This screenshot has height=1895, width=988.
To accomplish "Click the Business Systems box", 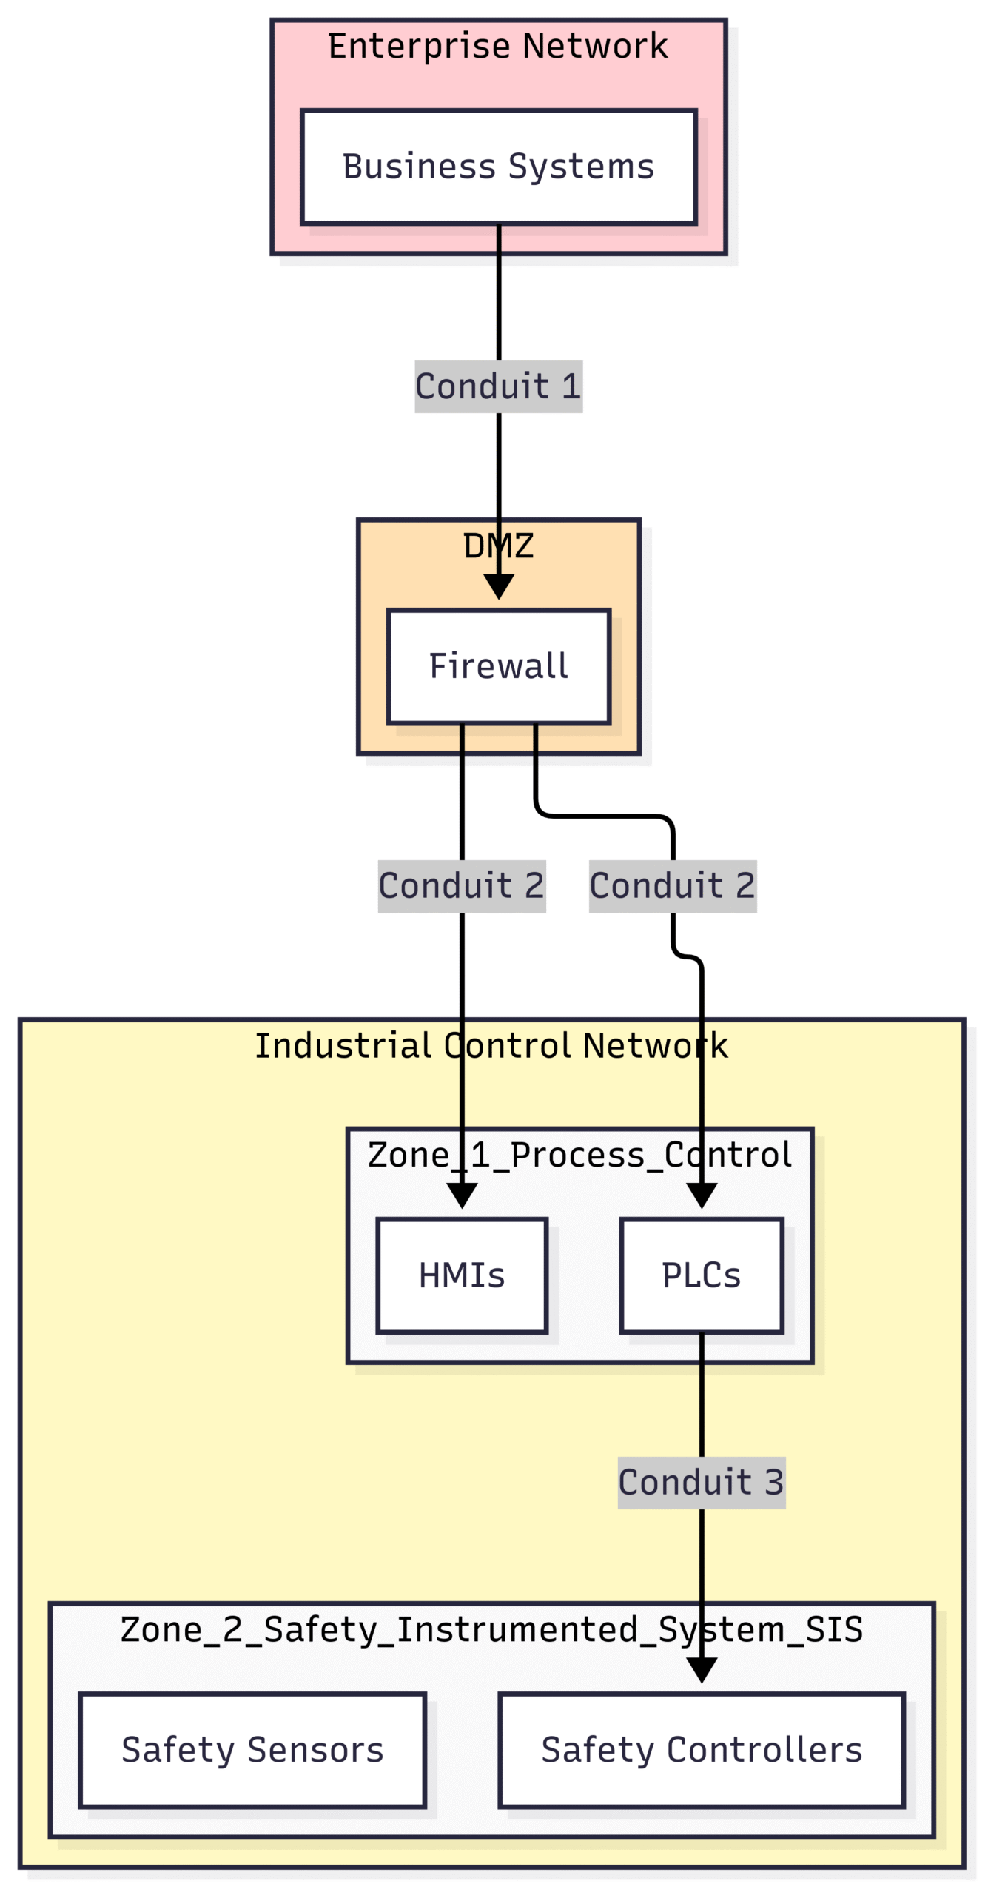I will pyautogui.click(x=498, y=167).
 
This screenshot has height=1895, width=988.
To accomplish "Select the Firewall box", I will pyautogui.click(x=498, y=665).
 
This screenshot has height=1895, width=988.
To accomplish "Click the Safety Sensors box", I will pyautogui.click(x=252, y=1749).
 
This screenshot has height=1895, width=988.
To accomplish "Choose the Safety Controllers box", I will pyautogui.click(x=701, y=1749).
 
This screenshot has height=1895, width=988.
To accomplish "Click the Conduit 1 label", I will pyautogui.click(x=498, y=386).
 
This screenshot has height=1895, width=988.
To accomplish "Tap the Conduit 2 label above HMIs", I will pyautogui.click(x=461, y=885).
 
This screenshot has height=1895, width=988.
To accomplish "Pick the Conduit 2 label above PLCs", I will pyautogui.click(x=672, y=885).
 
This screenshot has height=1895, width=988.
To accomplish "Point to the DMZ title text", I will pyautogui.click(x=498, y=546).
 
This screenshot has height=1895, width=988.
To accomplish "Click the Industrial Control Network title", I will pyautogui.click(x=491, y=1045).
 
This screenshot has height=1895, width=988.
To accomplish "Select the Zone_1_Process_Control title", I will pyautogui.click(x=579, y=1154).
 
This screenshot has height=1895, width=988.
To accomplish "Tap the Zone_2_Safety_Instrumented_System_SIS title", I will pyautogui.click(x=491, y=1629).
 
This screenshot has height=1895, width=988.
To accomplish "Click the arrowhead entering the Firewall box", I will pyautogui.click(x=498, y=586).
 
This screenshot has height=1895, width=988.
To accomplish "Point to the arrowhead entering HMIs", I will pyautogui.click(x=461, y=1195).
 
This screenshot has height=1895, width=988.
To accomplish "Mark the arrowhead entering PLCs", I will pyautogui.click(x=701, y=1195).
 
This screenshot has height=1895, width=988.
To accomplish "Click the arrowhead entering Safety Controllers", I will pyautogui.click(x=701, y=1669).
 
